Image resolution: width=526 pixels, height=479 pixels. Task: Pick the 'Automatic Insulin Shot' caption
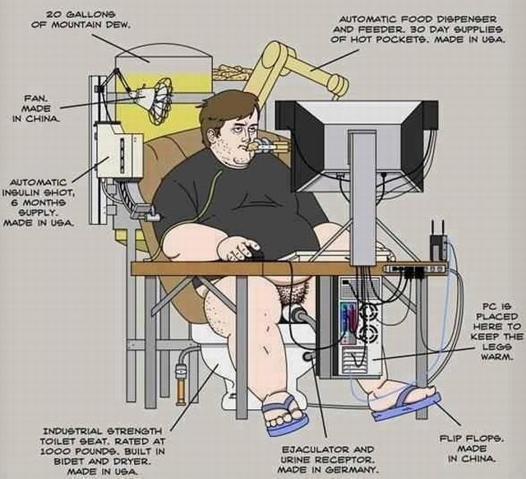pos(40,202)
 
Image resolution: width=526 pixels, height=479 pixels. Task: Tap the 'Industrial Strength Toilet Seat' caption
pos(103,449)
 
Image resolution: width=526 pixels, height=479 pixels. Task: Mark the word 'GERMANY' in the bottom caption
pos(353,470)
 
